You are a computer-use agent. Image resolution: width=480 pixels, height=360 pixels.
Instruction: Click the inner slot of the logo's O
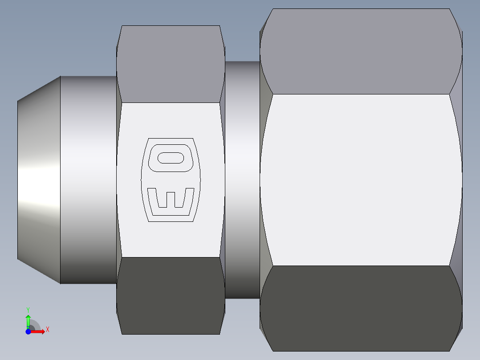(x=170, y=158)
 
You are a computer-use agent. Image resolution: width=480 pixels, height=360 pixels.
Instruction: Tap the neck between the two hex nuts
(x=242, y=180)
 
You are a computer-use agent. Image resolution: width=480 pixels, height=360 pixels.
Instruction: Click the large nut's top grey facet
(x=361, y=51)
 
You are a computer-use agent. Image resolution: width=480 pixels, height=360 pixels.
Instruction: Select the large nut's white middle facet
(x=361, y=180)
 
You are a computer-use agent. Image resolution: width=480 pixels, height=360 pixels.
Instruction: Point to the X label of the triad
(x=48, y=330)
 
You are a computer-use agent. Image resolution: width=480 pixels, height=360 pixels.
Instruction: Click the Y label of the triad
(x=28, y=309)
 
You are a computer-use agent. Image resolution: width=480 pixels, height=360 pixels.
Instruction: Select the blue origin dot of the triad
(x=28, y=331)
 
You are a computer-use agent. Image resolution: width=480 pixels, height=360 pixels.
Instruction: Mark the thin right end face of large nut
(x=462, y=180)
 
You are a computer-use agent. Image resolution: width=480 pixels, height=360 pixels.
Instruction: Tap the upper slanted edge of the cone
(x=39, y=89)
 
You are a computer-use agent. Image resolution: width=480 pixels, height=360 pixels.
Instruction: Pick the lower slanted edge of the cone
(x=39, y=270)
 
